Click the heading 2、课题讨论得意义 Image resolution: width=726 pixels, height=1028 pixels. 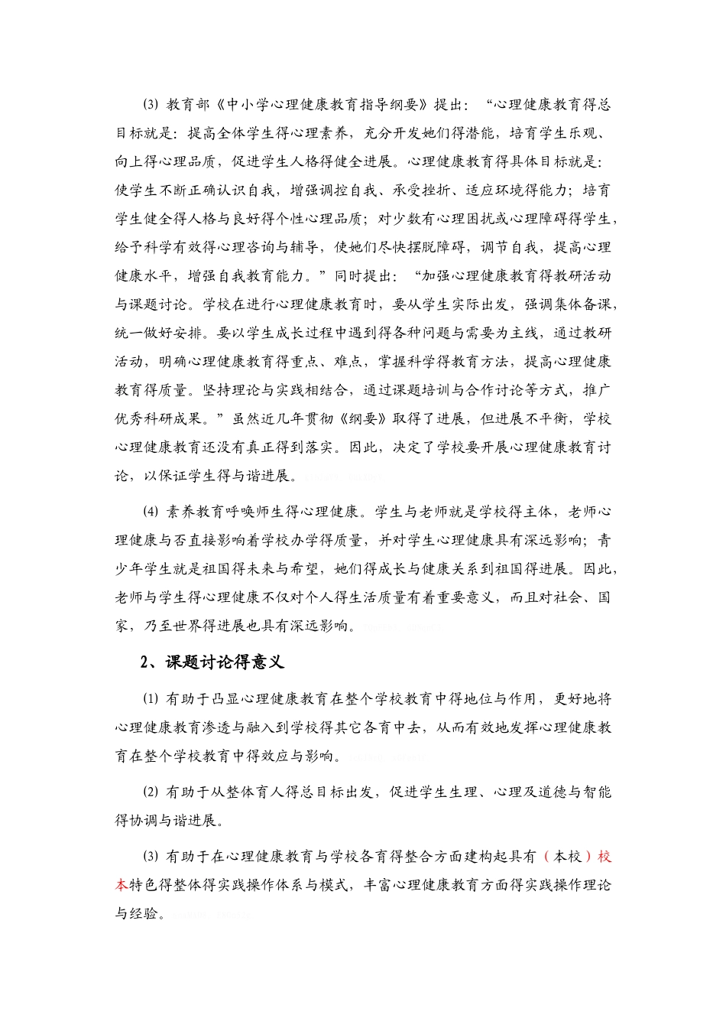pyautogui.click(x=212, y=662)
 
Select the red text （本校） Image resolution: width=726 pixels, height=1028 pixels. pyautogui.click(x=568, y=856)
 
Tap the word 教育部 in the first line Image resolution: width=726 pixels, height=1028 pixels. pyautogui.click(x=187, y=105)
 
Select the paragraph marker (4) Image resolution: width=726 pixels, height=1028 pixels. pyautogui.click(x=150, y=512)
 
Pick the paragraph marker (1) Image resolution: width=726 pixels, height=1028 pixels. pyautogui.click(x=150, y=698)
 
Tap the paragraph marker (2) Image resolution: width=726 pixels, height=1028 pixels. pyautogui.click(x=150, y=792)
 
